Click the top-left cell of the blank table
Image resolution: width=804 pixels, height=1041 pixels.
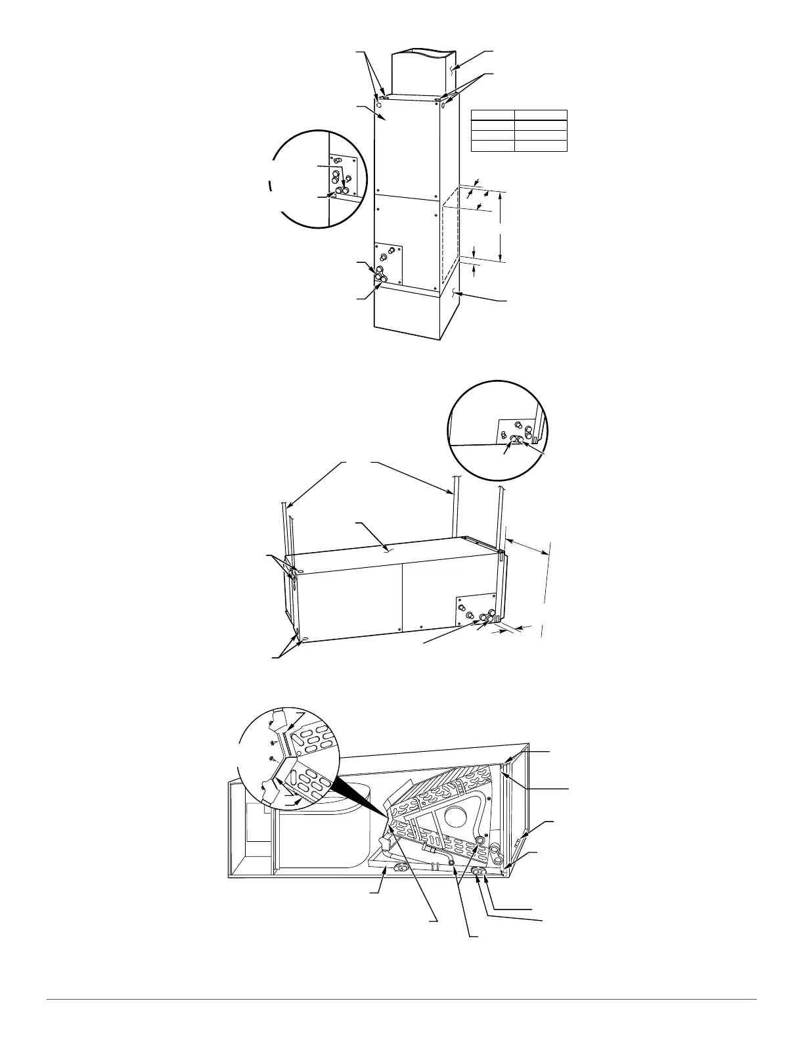492,116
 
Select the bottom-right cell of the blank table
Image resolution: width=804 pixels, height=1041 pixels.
540,146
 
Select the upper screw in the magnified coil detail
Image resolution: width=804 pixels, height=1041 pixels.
273,741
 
